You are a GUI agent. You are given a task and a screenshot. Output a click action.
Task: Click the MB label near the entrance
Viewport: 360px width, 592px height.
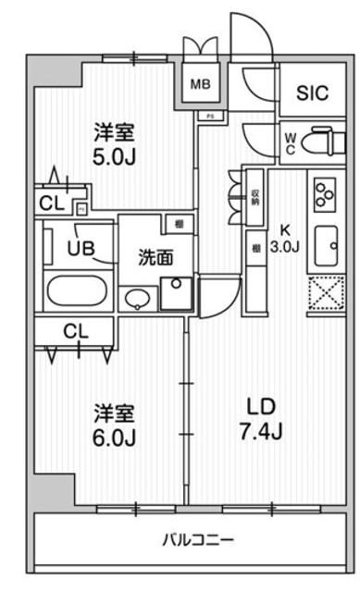201,85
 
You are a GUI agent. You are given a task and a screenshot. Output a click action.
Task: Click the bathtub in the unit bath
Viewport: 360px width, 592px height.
77,293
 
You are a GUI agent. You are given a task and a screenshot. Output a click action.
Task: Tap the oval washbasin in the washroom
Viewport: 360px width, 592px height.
137,298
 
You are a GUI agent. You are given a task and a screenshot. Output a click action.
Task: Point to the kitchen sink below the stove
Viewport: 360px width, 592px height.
325,245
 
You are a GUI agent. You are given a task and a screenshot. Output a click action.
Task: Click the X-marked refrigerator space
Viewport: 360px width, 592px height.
325,295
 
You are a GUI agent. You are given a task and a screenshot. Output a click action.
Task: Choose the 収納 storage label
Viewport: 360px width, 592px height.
255,196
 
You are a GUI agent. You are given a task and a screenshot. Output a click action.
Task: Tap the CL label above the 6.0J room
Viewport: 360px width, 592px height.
76,330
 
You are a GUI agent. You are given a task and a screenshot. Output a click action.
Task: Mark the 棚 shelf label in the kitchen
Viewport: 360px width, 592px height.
254,248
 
